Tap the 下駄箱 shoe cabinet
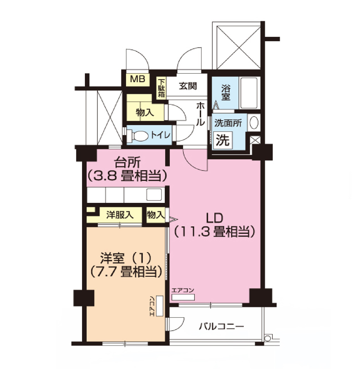pos(161,88)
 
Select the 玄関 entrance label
pos(188,86)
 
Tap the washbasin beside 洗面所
pos(254,123)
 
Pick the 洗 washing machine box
pos(222,139)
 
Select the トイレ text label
pos(160,135)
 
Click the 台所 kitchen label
pos(127,161)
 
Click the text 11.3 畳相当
pos(214,232)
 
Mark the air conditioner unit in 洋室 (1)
pos(160,306)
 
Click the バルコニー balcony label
pos(222,327)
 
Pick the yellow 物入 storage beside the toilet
pos(145,112)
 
